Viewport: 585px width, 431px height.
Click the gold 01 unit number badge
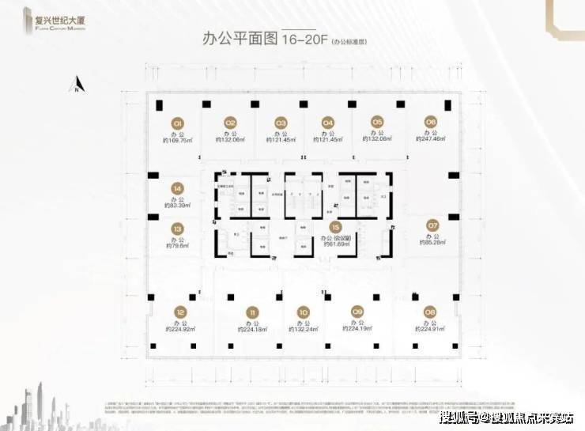pos(178,123)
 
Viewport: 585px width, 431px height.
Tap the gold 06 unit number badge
pos(430,122)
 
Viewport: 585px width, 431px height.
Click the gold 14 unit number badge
pos(177,188)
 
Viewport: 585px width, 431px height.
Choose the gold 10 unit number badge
pos(303,311)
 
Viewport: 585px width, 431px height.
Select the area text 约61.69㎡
pos(336,244)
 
